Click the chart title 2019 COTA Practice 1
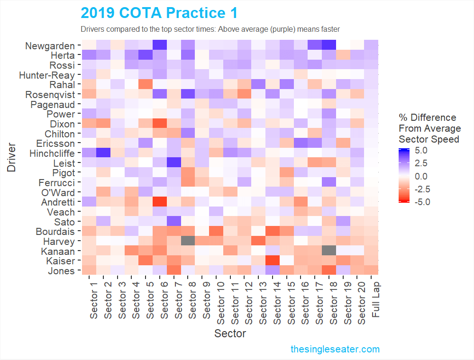159,13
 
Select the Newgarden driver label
50,46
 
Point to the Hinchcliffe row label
52,153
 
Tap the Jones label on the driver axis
61,271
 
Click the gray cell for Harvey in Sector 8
188,241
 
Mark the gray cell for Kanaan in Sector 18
328,251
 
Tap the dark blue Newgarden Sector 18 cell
328,45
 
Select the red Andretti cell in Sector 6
160,202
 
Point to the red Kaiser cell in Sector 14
272,261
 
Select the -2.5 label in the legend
420,189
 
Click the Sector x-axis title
230,333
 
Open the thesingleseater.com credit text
335,349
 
